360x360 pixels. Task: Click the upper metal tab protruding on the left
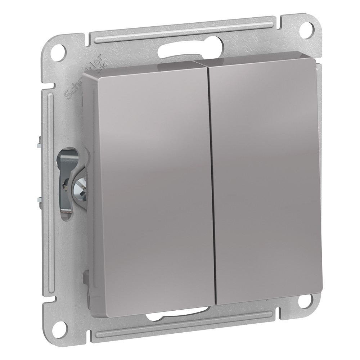point(39,144)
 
